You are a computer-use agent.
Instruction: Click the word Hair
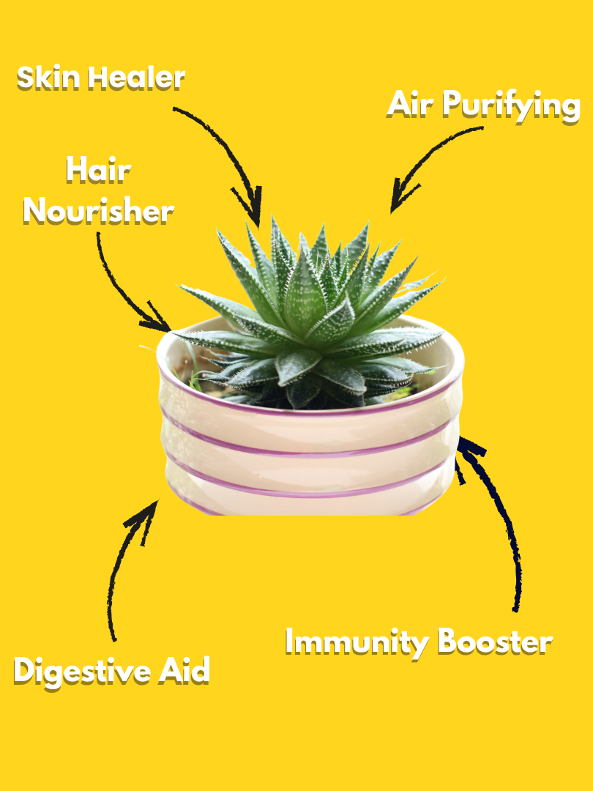[99, 170]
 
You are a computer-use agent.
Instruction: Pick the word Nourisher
[99, 211]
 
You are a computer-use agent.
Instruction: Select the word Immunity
[357, 643]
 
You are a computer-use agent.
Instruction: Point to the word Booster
[495, 642]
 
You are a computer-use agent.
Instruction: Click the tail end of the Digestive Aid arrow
[114, 639]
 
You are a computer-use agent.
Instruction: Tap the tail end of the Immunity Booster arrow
[515, 609]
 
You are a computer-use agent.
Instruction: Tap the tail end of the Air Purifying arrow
[482, 128]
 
